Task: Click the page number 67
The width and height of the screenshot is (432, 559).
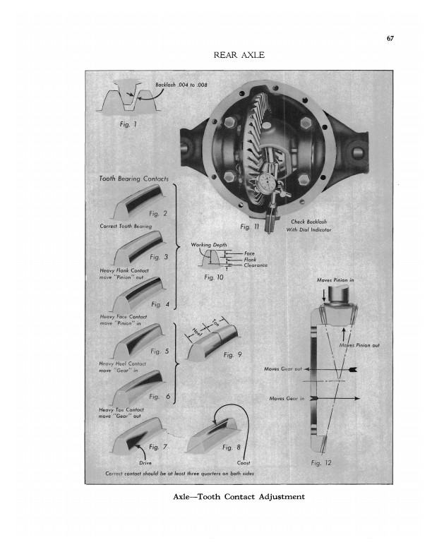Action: (x=390, y=39)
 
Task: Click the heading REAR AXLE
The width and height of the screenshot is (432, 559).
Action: (x=239, y=55)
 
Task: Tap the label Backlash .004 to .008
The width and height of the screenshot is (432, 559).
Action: (x=181, y=85)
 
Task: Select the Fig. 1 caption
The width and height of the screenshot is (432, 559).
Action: (x=128, y=124)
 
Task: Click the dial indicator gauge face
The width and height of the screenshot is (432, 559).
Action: (x=265, y=181)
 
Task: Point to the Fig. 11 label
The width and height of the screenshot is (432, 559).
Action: (x=249, y=227)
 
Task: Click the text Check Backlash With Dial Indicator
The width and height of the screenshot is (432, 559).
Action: (x=308, y=226)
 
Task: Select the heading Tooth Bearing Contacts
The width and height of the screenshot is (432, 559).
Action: (x=133, y=179)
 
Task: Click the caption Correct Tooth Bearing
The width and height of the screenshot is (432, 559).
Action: (x=126, y=226)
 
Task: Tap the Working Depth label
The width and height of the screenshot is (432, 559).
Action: (x=209, y=245)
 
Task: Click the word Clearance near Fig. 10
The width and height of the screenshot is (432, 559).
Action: (x=256, y=265)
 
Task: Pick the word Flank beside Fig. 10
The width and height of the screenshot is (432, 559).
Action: (x=250, y=260)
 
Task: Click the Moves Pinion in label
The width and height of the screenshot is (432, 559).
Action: (x=335, y=280)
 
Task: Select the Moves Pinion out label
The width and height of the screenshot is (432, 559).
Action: (x=359, y=345)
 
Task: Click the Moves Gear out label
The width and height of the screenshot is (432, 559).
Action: (x=283, y=369)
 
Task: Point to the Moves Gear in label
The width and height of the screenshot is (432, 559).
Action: (x=287, y=398)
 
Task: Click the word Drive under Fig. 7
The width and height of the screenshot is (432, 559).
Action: (x=145, y=463)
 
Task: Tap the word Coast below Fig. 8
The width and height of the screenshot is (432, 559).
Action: (x=244, y=463)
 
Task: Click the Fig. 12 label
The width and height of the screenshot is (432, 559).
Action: (x=321, y=463)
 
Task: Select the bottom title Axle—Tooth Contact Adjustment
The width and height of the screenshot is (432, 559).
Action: (x=239, y=497)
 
